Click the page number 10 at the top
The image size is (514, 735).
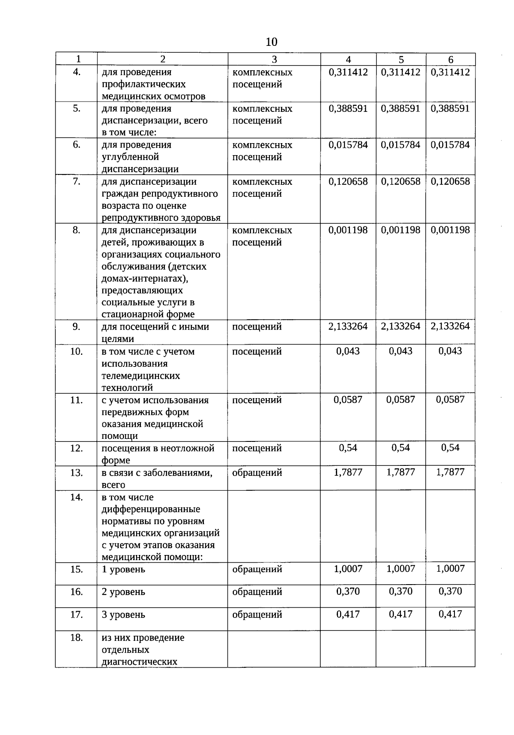(271, 42)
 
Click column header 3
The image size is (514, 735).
(274, 60)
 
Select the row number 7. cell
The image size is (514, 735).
(76, 181)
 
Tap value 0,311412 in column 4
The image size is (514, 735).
(348, 72)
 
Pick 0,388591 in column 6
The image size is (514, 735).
(450, 108)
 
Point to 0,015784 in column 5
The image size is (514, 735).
(400, 145)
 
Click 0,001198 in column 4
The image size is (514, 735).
(348, 230)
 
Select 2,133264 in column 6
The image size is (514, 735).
(450, 326)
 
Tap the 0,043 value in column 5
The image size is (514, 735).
(400, 351)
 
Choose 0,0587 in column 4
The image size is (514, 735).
(348, 399)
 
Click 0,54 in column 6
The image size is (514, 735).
(450, 448)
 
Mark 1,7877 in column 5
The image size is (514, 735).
(400, 472)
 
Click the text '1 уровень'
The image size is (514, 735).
(123, 570)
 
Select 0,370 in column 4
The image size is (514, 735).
(348, 591)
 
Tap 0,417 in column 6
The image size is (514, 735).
(450, 614)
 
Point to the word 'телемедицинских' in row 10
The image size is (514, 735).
(140, 376)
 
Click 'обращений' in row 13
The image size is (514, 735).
(257, 473)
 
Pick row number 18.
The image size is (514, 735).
(76, 638)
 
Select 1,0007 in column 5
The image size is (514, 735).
(400, 569)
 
